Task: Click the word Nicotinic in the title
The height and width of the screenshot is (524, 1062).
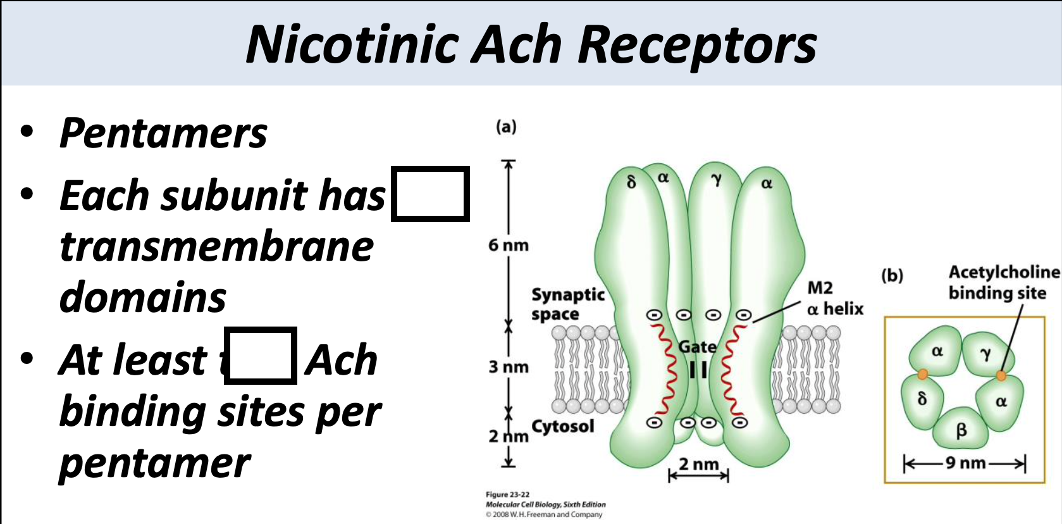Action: coord(352,46)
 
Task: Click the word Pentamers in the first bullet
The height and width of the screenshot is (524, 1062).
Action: coord(163,134)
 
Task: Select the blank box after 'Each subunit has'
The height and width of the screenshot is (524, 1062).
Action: coord(430,194)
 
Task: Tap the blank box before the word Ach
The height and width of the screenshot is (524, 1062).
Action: coord(260,356)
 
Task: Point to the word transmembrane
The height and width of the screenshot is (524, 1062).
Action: coord(216,246)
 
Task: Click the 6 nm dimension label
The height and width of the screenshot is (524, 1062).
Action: coord(508,245)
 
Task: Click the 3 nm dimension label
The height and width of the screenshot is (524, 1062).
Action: coord(508,367)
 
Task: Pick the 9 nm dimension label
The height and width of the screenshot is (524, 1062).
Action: coord(965,463)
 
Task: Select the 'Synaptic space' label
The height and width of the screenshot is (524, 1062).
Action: coord(567,304)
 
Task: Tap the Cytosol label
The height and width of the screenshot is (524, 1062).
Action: coord(563,426)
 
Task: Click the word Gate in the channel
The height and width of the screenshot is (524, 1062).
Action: coord(697,347)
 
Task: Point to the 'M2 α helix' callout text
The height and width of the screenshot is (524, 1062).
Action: coord(834,298)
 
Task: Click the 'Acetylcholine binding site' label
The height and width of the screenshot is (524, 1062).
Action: coord(1003,282)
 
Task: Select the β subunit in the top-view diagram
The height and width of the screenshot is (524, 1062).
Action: coord(961,430)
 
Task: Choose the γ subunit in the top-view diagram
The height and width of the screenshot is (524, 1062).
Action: coord(985,354)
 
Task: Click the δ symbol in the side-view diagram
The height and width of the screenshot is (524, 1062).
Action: coord(631,182)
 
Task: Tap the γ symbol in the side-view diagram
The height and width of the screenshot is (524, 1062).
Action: coord(716,180)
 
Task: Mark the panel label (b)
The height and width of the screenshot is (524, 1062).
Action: coord(892,275)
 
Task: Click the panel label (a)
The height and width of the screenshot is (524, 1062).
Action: coord(506,127)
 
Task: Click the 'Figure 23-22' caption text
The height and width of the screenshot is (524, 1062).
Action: coord(507,494)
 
